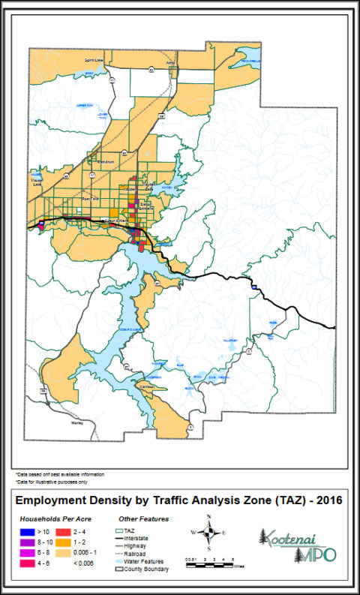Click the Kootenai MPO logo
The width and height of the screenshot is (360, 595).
coord(296,545)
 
